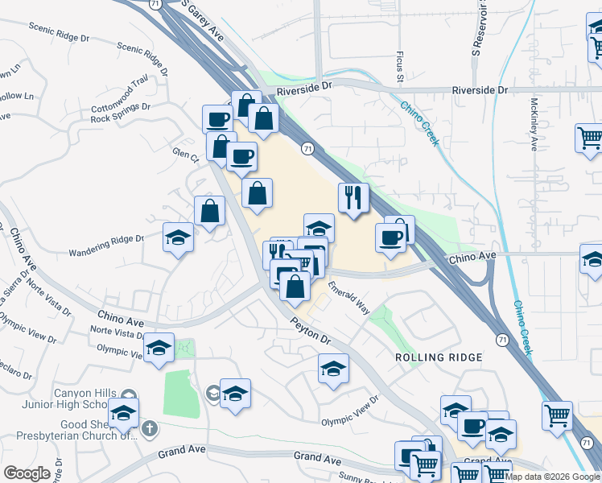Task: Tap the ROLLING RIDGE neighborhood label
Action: (x=439, y=357)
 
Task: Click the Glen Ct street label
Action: (x=184, y=153)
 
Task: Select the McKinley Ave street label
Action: (x=534, y=124)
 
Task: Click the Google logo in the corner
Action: (x=27, y=473)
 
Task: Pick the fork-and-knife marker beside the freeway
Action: (x=353, y=197)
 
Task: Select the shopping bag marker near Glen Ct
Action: (x=209, y=212)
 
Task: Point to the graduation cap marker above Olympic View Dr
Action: (x=333, y=369)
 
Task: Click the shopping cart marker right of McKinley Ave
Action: (x=590, y=138)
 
